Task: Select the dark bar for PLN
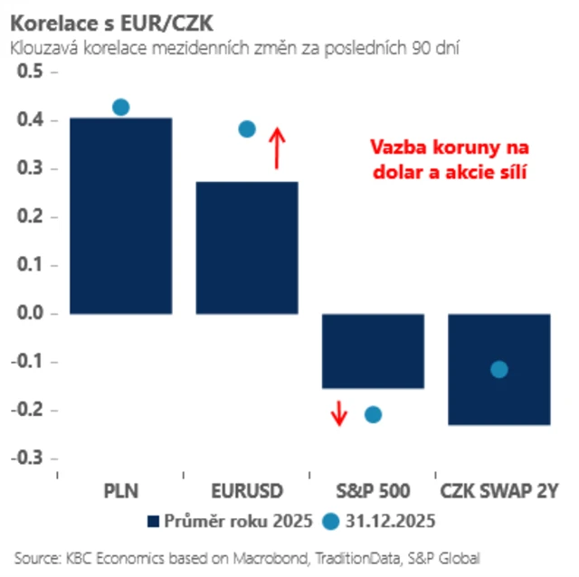click(x=120, y=215)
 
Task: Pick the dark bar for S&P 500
click(x=374, y=351)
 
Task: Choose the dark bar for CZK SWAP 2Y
click(x=499, y=398)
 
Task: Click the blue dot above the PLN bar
click(x=120, y=107)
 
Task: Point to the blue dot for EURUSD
click(x=247, y=129)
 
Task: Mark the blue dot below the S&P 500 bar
click(x=373, y=414)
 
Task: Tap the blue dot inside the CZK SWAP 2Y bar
click(x=498, y=369)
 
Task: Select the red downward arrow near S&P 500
click(x=338, y=412)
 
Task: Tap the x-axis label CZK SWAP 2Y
click(x=499, y=491)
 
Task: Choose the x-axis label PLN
click(x=120, y=491)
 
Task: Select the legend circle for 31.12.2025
click(x=330, y=522)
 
